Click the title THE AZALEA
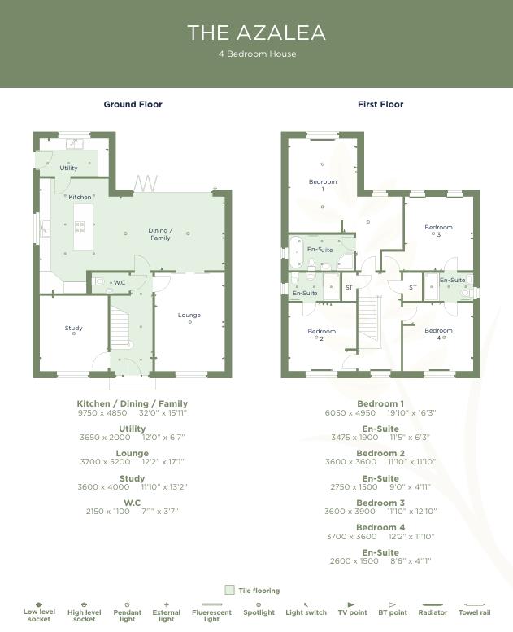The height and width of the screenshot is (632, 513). point(256,33)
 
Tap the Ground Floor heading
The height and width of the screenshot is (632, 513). point(133,104)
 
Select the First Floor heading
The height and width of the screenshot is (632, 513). point(380,104)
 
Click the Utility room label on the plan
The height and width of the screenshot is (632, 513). point(69,168)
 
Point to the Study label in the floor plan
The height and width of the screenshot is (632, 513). point(74,329)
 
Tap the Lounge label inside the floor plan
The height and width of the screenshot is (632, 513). point(189,316)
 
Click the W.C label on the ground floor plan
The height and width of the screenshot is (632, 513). point(119,283)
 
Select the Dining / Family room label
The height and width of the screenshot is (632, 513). point(159,234)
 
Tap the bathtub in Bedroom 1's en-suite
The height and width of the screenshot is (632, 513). point(295,248)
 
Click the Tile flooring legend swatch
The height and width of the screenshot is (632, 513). point(229,591)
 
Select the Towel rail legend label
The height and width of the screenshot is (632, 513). point(473,612)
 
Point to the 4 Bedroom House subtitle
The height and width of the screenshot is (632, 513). point(257,54)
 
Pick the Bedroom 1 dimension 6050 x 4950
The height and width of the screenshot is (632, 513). point(350,412)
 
